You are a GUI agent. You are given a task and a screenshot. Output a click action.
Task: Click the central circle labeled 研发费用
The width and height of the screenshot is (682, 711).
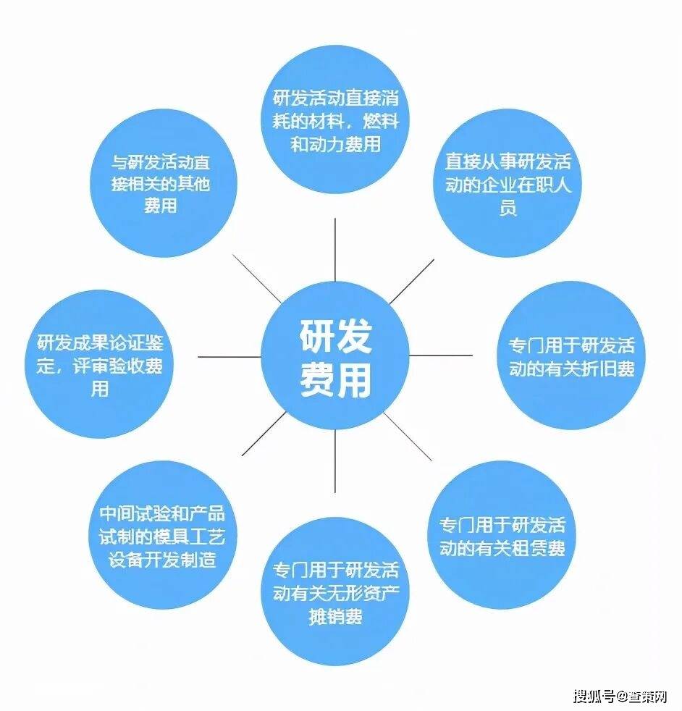pos(335,355)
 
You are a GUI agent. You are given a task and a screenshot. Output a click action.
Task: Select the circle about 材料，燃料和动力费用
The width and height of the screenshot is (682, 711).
pos(335,119)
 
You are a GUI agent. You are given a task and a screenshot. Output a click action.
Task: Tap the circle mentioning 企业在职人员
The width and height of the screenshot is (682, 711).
pos(508,183)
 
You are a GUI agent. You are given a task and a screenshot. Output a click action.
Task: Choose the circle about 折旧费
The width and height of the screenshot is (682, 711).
pos(571,355)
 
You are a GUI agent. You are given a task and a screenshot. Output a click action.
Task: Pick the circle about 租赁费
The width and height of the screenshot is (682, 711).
pos(502,535)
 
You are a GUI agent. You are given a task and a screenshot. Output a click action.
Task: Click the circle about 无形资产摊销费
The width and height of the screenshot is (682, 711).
pos(335,592)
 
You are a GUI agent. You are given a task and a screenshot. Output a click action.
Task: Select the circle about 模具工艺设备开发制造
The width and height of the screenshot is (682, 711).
pos(162,535)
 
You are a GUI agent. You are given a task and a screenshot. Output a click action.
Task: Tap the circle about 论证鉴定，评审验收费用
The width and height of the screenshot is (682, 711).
pos(99,364)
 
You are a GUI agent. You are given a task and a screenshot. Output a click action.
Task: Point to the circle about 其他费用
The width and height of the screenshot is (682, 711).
pos(164,183)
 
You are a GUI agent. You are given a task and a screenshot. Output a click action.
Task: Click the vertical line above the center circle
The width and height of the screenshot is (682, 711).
pos(335,250)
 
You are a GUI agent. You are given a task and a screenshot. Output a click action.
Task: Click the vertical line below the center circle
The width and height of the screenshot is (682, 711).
pos(335,461)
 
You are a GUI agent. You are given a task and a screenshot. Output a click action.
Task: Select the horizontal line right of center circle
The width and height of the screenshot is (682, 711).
pos(441,355)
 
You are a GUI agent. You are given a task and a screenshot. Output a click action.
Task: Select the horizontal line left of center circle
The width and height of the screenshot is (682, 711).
pos(230,356)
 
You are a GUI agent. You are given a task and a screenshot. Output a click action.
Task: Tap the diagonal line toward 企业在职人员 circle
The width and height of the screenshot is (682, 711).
pos(412,282)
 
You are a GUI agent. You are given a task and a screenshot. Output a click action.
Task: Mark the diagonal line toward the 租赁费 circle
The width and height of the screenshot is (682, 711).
pos(408,437)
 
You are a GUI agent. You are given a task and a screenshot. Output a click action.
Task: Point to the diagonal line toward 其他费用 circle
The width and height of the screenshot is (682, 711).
pos(257,279)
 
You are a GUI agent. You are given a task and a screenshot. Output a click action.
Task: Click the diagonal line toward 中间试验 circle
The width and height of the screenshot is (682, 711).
pos(264,434)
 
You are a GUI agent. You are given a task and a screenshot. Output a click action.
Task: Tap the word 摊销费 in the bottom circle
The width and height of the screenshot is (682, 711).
pos(335,616)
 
